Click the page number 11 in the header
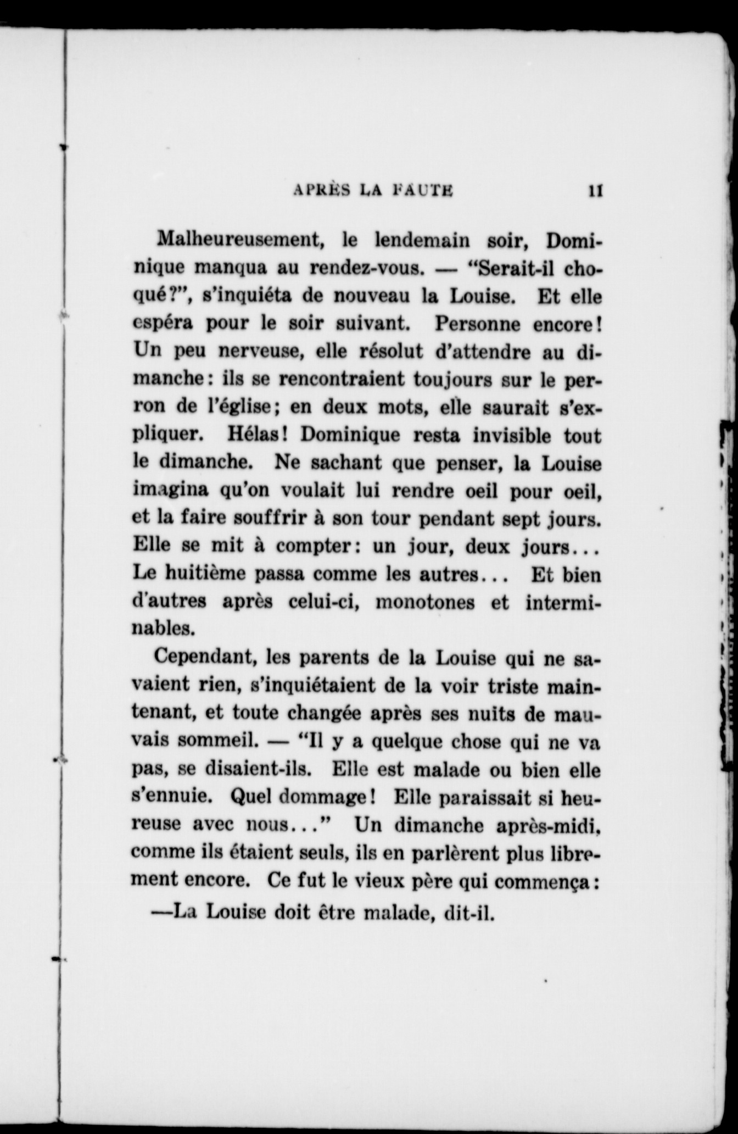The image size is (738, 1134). (x=595, y=191)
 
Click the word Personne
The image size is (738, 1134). (x=478, y=324)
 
